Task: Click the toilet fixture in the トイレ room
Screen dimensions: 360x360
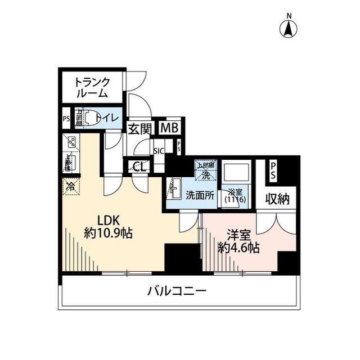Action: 84,118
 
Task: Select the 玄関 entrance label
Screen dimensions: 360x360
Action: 138,129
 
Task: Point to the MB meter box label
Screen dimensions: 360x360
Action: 169,128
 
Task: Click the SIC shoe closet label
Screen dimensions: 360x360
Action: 159,150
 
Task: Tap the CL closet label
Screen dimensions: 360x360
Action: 139,166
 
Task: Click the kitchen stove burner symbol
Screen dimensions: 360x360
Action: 72,143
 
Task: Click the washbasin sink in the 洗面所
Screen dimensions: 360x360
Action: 174,187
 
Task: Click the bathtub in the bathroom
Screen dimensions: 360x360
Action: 232,172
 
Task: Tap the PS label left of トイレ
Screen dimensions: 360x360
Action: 66,119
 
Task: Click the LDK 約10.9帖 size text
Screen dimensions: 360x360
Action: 108,226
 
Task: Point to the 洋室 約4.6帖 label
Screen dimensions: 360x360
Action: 238,240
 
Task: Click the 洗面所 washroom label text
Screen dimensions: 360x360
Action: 200,195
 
